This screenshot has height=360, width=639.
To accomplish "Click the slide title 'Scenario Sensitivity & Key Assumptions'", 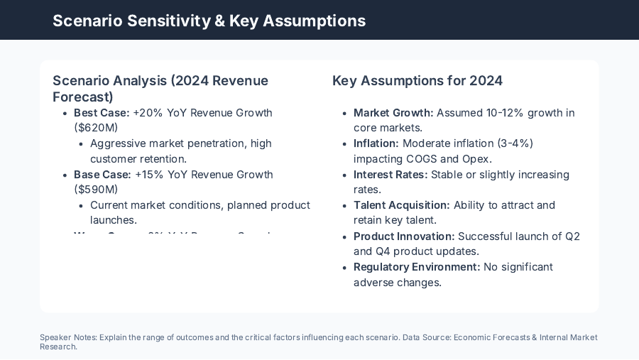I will [209, 21].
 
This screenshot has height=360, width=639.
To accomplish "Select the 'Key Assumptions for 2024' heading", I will [417, 80].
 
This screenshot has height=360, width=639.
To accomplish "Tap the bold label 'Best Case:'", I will [102, 113].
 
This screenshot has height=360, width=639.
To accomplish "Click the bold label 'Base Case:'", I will [102, 175].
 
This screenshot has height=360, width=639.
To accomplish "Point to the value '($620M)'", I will [96, 128].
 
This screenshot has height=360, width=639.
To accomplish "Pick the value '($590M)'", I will [96, 190].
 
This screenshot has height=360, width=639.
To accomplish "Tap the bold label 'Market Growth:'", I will [393, 113].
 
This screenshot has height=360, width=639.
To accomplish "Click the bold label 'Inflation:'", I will [376, 143].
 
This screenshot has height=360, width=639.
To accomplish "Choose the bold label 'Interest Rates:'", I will [390, 175].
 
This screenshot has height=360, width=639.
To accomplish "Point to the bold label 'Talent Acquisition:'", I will [402, 205].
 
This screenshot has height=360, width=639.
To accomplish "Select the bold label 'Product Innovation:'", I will [404, 236].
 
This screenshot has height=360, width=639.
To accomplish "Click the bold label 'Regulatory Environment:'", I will [417, 267].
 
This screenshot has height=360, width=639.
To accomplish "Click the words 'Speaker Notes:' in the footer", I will [68, 338].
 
